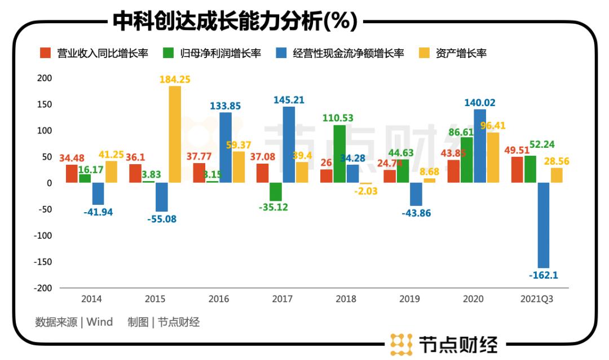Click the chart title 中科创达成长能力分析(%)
coord(235,22)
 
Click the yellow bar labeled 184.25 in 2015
coord(175,134)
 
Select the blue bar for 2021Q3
coord(544,225)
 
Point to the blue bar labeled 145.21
coord(289,144)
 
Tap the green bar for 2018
coord(339,153)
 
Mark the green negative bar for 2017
coord(276,192)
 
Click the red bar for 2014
coord(72,174)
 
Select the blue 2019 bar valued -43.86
coord(416,194)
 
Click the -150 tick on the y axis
coord(42,262)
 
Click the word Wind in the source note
coord(100,322)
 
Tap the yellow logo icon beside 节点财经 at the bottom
coord(401,343)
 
